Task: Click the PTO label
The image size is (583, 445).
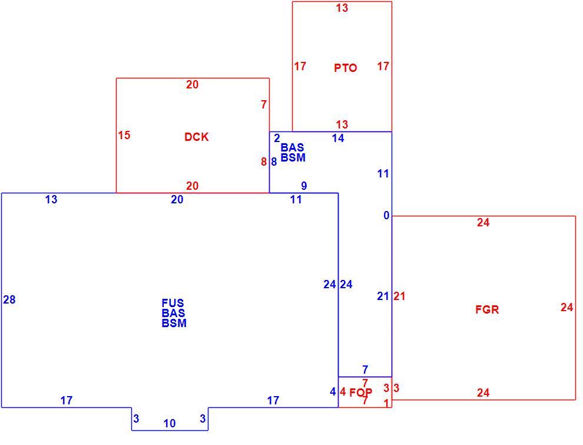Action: (x=346, y=68)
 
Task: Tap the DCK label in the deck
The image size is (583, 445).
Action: (x=196, y=137)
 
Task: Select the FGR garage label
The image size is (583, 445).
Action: (x=487, y=309)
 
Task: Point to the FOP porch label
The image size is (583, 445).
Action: (x=360, y=393)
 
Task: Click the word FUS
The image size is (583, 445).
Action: (x=173, y=303)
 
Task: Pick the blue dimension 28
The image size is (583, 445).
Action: (x=9, y=299)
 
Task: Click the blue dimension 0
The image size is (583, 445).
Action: (x=387, y=216)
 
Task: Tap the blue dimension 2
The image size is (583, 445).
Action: (x=277, y=138)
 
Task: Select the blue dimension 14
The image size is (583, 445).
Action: (x=338, y=139)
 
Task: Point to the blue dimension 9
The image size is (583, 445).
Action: (x=304, y=186)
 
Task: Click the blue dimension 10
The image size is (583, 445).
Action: (x=170, y=423)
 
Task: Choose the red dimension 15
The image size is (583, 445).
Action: (x=124, y=135)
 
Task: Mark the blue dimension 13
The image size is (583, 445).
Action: (x=51, y=199)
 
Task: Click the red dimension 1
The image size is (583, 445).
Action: (x=386, y=403)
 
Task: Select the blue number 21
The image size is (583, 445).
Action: (x=383, y=296)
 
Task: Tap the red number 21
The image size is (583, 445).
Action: (x=399, y=296)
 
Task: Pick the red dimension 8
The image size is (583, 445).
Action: (x=264, y=162)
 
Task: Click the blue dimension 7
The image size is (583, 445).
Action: (x=365, y=370)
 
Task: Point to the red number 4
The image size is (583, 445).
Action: (x=342, y=391)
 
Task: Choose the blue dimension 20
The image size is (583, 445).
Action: (x=177, y=199)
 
